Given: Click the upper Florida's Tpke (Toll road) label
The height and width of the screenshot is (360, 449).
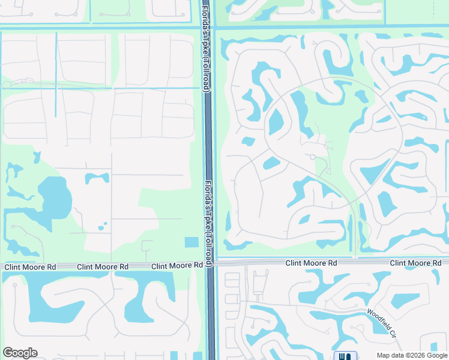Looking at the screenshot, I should pos(206,47).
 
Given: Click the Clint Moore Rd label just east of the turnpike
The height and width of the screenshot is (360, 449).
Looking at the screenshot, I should pos(311,263).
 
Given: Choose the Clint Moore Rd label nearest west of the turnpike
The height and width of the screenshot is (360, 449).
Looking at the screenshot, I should pos(177,265).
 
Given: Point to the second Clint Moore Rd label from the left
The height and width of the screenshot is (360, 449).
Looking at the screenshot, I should pos(103,266).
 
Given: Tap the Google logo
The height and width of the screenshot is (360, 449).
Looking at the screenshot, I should pos(20,353).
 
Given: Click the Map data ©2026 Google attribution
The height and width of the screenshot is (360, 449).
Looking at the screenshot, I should pos(412,355).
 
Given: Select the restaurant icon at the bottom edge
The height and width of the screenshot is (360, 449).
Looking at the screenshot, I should pos(345,356).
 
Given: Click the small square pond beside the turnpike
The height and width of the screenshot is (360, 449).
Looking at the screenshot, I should pos(191,242).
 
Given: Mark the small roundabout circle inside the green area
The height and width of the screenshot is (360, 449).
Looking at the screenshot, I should pos(313,157).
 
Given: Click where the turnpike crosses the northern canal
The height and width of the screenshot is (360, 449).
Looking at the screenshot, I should pos(208,26).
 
